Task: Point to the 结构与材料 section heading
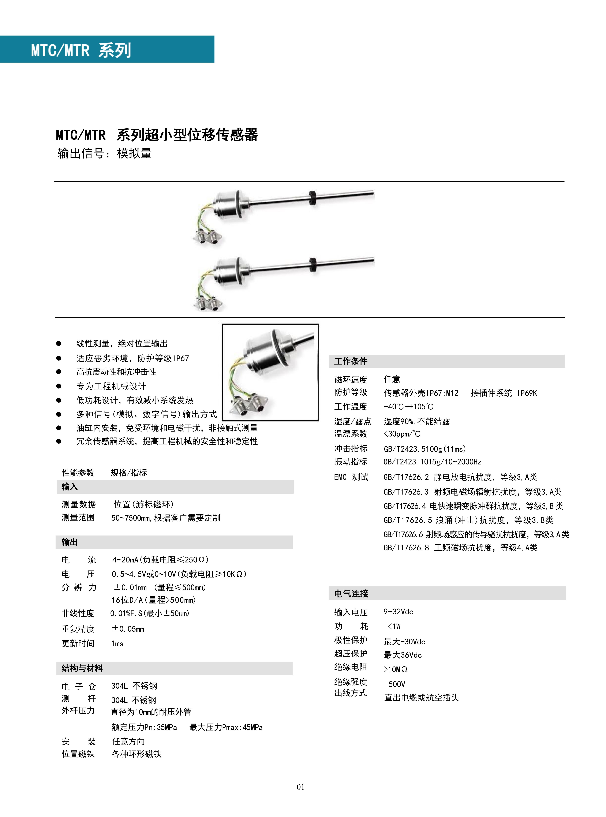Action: click(82, 668)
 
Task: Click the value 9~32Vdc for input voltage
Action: click(398, 612)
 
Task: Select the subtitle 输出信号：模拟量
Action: click(105, 153)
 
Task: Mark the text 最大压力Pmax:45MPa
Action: click(226, 727)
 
